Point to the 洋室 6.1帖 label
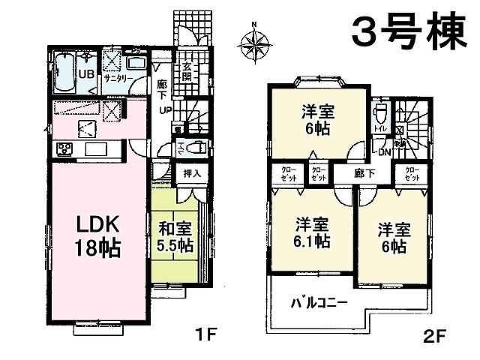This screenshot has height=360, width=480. click(310, 232)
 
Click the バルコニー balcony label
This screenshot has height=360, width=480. click(319, 304)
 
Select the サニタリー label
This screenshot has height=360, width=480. click(119, 77)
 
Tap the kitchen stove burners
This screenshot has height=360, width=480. click(61, 148)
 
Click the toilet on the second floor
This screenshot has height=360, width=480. click(379, 115)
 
